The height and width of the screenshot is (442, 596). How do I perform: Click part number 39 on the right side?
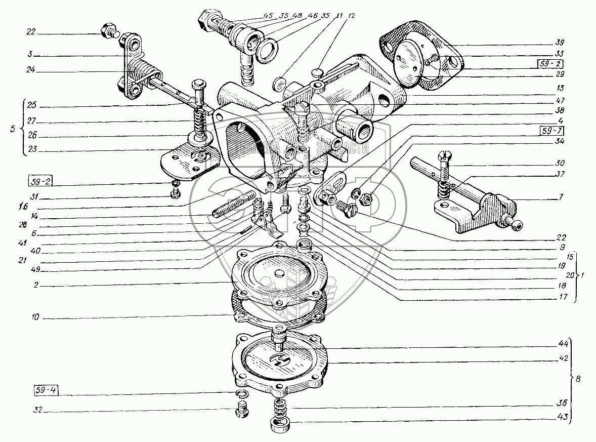(x=560, y=42)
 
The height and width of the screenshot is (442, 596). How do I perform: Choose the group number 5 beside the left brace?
(x=13, y=129)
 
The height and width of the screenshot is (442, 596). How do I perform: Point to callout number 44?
(x=560, y=343)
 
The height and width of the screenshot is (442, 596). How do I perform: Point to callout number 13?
(x=560, y=87)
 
